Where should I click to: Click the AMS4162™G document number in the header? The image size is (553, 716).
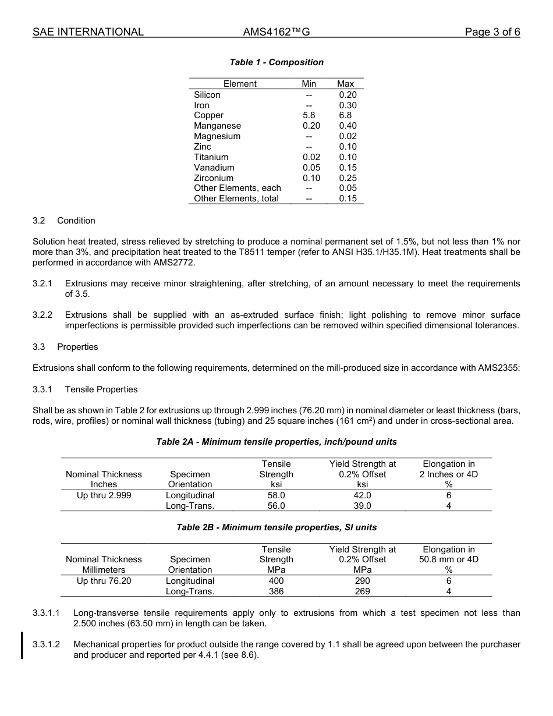click(x=276, y=32)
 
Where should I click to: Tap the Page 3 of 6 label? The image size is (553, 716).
click(x=492, y=32)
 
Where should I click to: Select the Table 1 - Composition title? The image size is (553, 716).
click(x=276, y=62)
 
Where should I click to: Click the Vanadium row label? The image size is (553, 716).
click(x=214, y=168)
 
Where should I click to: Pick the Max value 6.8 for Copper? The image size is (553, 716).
click(x=345, y=115)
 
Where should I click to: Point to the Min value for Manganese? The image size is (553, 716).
click(x=311, y=126)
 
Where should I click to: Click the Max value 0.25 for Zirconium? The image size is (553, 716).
click(x=348, y=178)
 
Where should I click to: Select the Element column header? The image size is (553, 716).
click(x=240, y=84)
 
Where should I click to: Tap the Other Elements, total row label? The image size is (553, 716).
click(x=236, y=199)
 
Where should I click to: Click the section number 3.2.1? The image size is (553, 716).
click(x=42, y=283)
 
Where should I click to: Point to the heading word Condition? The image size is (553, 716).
click(x=76, y=221)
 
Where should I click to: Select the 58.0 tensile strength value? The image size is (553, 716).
click(x=276, y=495)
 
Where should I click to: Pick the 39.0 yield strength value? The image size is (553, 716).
click(x=362, y=506)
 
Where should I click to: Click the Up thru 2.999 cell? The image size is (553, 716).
click(x=104, y=495)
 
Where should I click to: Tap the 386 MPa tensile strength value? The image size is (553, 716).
click(x=276, y=591)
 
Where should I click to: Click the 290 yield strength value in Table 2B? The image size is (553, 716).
click(x=362, y=581)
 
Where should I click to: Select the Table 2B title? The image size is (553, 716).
click(x=276, y=527)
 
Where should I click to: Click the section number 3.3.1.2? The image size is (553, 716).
click(x=47, y=644)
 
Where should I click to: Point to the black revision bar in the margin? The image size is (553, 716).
click(x=22, y=645)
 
